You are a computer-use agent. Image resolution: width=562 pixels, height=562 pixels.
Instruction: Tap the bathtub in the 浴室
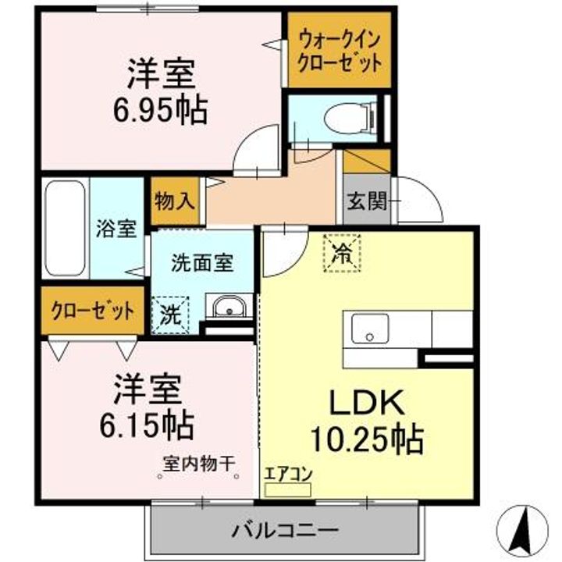click(x=65, y=229)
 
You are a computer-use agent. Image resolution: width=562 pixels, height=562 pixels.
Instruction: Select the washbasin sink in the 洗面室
click(x=229, y=308)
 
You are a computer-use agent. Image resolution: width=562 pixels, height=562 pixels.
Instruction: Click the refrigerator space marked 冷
click(x=342, y=253)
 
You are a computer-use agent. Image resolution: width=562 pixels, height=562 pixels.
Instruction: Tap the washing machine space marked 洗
click(x=169, y=315)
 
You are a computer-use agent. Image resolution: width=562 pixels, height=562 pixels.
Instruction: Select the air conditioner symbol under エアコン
click(x=287, y=489)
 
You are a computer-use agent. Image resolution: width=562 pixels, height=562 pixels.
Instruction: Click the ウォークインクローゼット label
click(x=338, y=50)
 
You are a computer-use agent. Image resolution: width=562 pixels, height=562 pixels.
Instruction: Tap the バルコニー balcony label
click(x=284, y=531)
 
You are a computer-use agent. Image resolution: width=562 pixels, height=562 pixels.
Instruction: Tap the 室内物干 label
click(x=198, y=463)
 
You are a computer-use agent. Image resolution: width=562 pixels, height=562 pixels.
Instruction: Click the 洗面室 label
click(x=202, y=262)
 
